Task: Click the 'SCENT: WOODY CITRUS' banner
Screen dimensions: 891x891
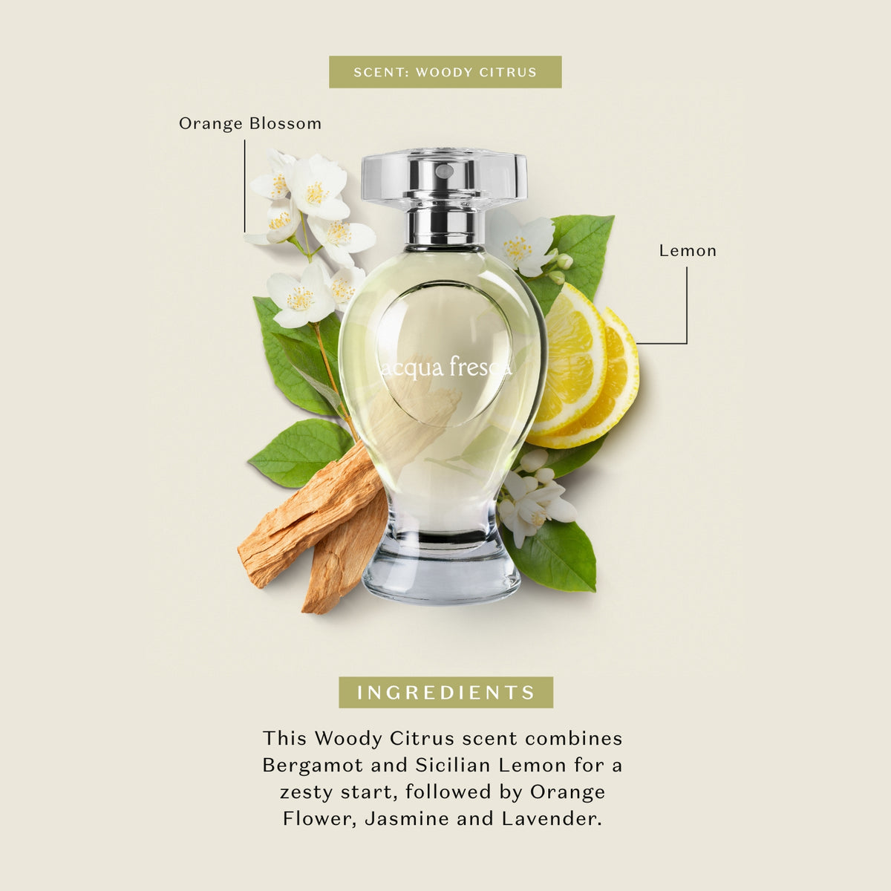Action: [446, 72]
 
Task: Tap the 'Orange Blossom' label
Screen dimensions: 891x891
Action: [250, 123]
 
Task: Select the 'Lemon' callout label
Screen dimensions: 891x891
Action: [688, 251]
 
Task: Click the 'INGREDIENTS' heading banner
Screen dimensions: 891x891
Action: [446, 692]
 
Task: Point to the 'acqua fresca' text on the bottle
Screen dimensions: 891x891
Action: [446, 368]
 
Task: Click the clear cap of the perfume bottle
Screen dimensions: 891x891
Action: [444, 178]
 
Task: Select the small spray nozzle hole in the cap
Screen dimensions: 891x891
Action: [445, 171]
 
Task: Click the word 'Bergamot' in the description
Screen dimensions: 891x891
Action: [313, 766]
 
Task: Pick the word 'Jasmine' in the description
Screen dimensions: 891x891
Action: [406, 819]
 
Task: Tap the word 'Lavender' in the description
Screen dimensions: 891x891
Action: [552, 819]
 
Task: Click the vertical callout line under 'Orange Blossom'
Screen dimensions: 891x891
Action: [244, 186]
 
